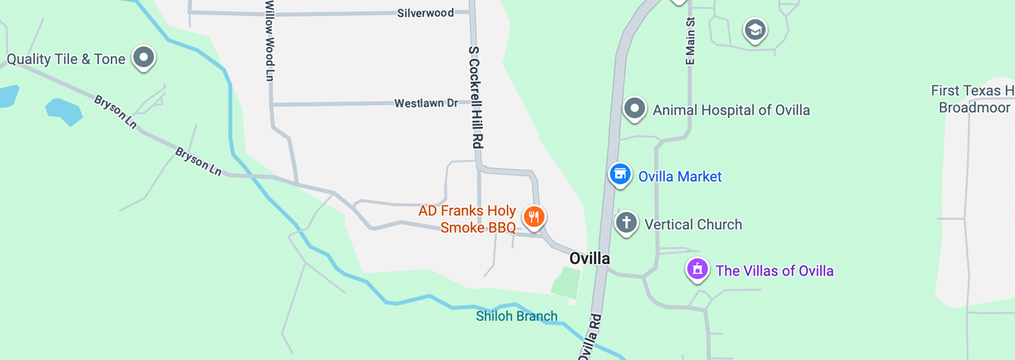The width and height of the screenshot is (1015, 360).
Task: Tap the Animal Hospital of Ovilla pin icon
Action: tap(634, 108)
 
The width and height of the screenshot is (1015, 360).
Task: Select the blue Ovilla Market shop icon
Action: tap(620, 174)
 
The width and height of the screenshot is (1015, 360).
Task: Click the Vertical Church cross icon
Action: tap(627, 223)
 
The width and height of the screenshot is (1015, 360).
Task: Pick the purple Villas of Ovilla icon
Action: tap(697, 269)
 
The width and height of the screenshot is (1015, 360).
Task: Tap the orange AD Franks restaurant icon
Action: tap(534, 217)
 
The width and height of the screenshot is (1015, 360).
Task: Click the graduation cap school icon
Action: tap(755, 30)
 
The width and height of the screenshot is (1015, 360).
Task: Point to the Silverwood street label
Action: tap(425, 13)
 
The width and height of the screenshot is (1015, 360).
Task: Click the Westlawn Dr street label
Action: tap(426, 103)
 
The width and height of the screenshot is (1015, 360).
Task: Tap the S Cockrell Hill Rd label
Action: tap(475, 96)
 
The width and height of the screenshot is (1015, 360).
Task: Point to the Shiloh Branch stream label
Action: tap(517, 316)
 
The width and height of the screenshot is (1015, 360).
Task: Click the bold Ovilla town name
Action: tap(590, 258)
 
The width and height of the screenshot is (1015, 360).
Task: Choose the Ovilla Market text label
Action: tap(680, 177)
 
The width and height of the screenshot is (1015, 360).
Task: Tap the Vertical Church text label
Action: tap(693, 225)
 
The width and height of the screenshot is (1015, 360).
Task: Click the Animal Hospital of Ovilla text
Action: tap(731, 110)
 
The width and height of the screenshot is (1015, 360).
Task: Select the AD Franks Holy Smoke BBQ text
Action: tap(468, 219)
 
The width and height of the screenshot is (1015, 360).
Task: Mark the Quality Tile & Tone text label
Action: tap(66, 59)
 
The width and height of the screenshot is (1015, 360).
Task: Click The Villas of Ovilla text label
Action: tap(774, 271)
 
